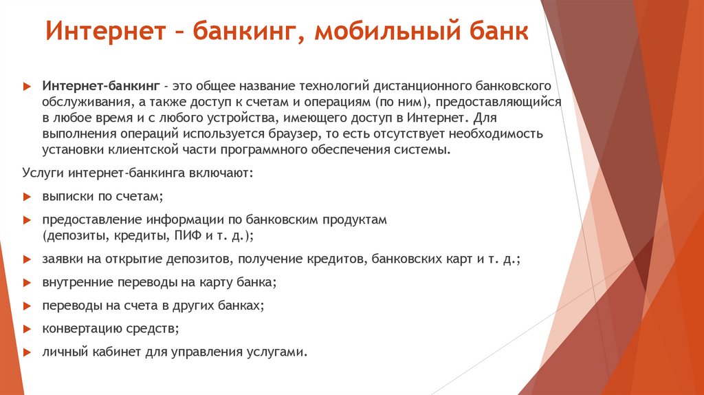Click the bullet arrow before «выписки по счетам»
point(26,197)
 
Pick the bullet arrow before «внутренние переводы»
point(26,283)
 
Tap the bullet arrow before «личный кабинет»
point(26,352)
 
